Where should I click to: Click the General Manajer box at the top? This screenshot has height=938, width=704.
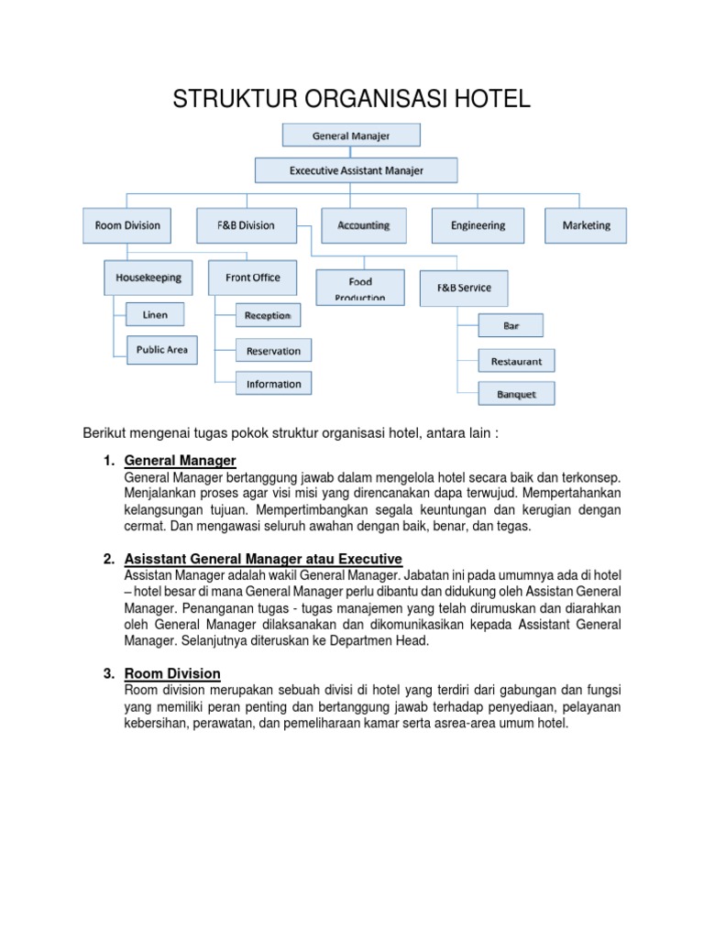point(351,136)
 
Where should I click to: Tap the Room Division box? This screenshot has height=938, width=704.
point(126,225)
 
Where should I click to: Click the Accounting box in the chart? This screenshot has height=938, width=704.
point(363,225)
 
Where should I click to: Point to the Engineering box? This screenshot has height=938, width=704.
point(478,225)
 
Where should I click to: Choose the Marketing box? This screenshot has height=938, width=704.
point(587,225)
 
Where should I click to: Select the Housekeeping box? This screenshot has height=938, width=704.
point(148,278)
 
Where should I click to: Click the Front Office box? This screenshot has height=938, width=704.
point(252,278)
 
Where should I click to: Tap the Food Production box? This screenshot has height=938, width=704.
point(359,287)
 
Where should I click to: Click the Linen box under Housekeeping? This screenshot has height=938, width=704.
point(155,315)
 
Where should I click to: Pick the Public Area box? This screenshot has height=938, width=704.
point(161,350)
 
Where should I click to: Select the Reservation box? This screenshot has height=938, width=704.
point(273,351)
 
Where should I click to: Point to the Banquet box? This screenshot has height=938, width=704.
point(516,395)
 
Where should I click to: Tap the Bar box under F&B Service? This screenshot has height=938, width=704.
point(511,325)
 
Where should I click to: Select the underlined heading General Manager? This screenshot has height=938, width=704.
point(180,460)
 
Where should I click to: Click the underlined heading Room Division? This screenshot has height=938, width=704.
point(172,674)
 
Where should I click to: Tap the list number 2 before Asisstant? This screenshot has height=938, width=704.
point(109,559)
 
